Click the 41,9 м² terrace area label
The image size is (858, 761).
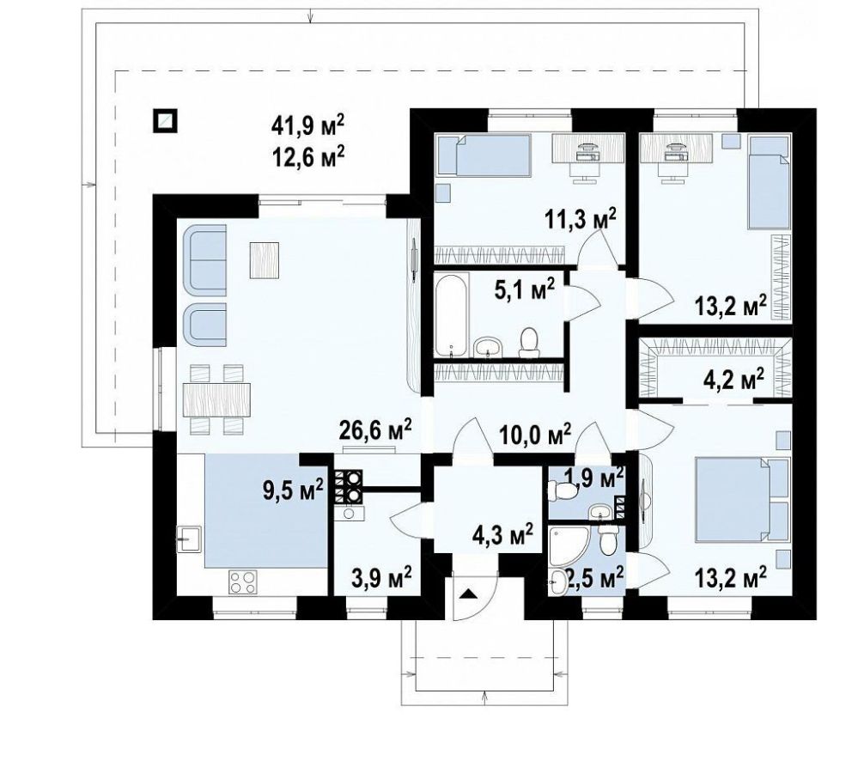click(308, 125)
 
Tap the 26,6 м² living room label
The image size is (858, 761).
click(375, 430)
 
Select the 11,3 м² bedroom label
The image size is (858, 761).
click(581, 219)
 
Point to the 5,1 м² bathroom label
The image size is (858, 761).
click(525, 290)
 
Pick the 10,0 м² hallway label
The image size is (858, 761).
click(535, 435)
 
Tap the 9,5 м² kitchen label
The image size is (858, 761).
click(293, 489)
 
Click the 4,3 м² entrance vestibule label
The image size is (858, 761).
click(503, 535)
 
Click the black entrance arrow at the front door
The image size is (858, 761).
click(468, 594)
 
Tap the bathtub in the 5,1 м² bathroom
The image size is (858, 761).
click(453, 314)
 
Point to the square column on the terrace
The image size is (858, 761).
click(165, 120)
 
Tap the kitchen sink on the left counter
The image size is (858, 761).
click(188, 538)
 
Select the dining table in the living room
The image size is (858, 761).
click(216, 399)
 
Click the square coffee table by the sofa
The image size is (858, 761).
click(265, 260)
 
